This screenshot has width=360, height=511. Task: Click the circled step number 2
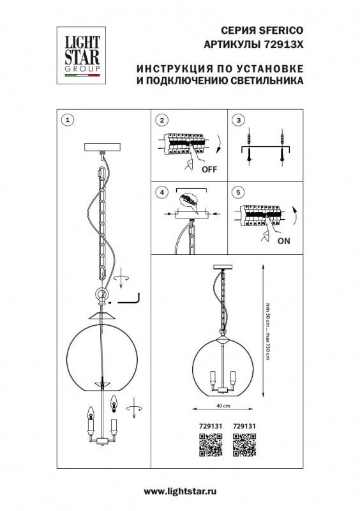click(161, 120)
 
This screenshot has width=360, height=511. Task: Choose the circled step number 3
click(239, 120)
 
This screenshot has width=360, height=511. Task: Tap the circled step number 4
click(161, 192)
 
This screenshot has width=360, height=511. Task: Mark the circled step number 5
click(239, 192)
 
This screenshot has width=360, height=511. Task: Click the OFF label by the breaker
click(209, 170)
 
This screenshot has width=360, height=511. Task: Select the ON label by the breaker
click(284, 241)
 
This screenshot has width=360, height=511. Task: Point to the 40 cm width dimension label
click(221, 406)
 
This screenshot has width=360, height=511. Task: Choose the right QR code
click(244, 443)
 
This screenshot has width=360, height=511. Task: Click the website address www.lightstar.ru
click(181, 491)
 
